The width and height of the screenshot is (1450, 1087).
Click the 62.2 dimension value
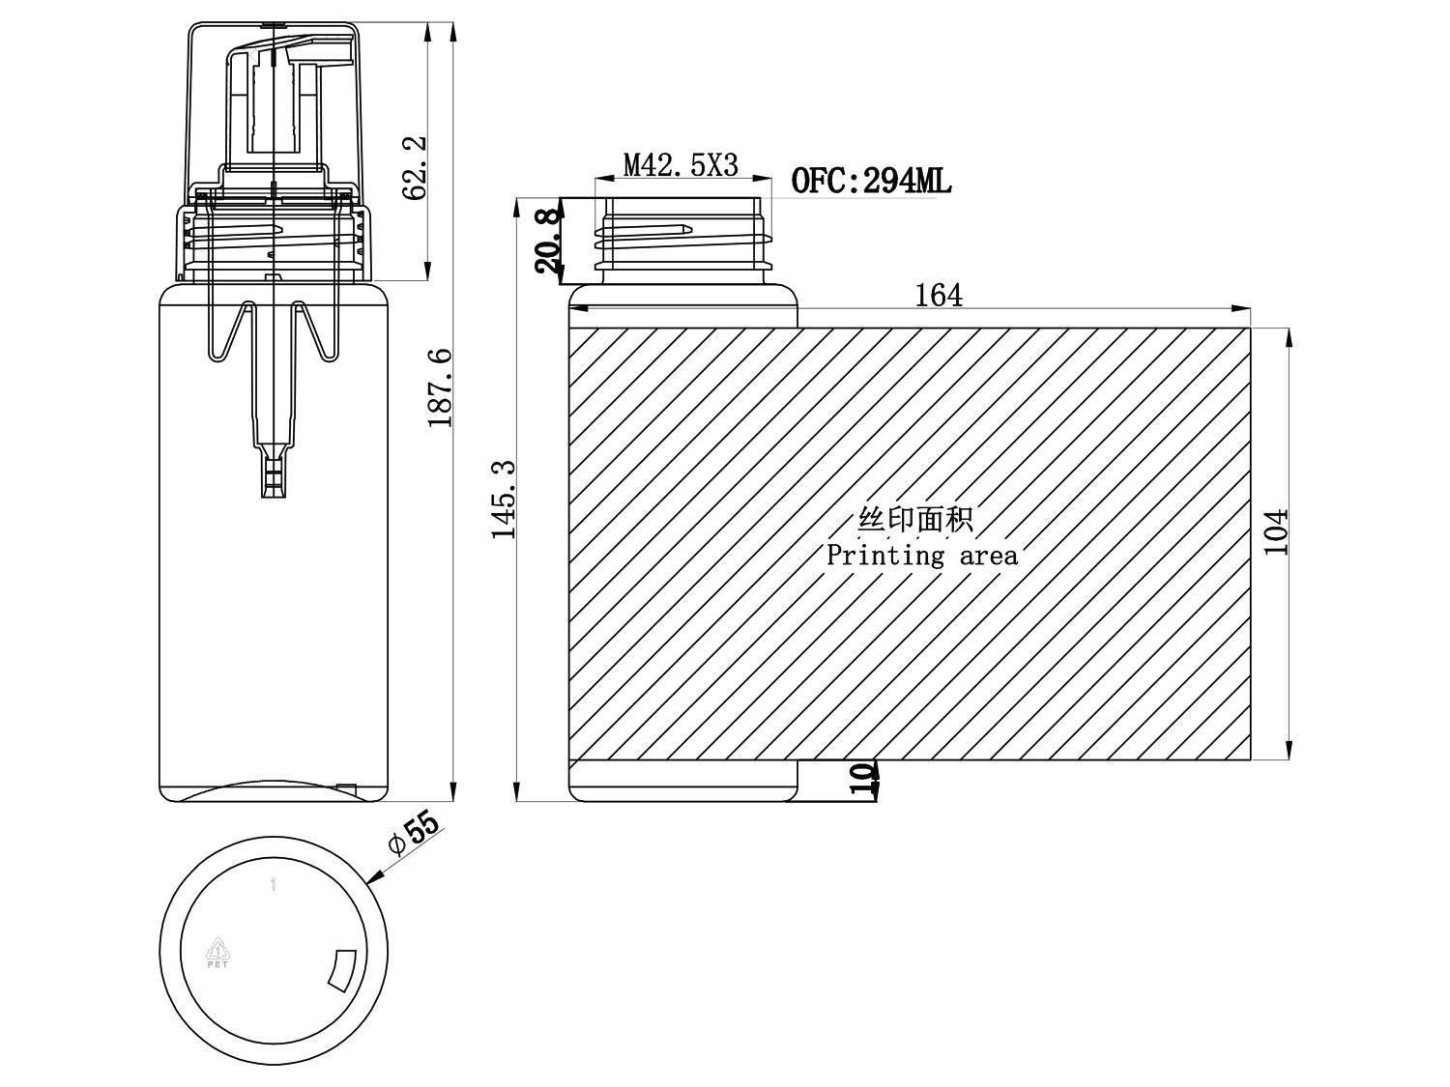point(415,168)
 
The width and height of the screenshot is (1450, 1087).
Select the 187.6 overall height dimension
point(440,387)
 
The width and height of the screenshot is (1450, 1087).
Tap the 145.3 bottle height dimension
point(504,500)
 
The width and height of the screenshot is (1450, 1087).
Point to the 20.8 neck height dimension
point(548,241)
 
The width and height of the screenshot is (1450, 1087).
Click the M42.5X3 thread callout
point(681,165)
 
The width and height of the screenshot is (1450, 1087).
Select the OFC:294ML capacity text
point(871,180)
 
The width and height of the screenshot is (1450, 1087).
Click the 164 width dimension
point(938,295)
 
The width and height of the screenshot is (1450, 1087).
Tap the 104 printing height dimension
point(1276,532)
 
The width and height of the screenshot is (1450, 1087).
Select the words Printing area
point(922,555)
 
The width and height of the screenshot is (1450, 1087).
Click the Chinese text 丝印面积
point(914,520)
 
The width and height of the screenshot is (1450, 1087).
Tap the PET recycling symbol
point(217,953)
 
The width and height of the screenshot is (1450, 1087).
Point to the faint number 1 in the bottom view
point(274,884)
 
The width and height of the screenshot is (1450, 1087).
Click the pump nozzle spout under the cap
point(292,51)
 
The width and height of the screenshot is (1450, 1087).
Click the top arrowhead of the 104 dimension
point(1289,336)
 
